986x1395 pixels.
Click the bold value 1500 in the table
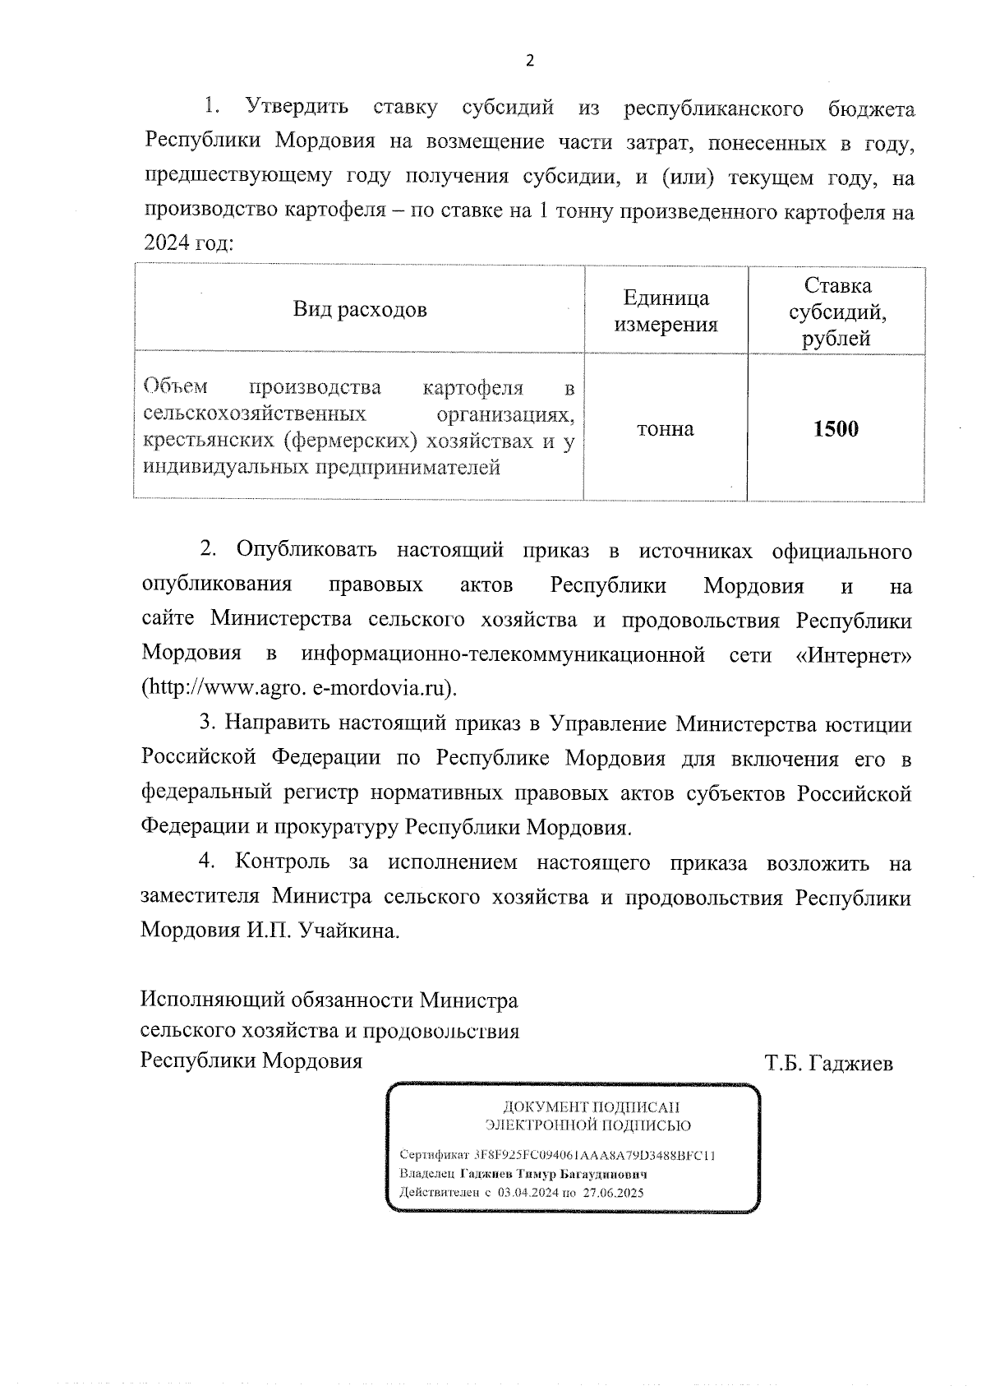pos(836,429)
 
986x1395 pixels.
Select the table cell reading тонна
pos(665,429)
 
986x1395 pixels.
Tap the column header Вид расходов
pos(360,310)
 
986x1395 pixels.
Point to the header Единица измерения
pos(666,311)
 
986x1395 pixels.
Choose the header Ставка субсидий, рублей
pos(837,312)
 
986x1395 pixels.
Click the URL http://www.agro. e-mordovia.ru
pos(299,688)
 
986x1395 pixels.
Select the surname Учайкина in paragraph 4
pos(348,931)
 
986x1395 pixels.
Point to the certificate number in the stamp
pos(595,1155)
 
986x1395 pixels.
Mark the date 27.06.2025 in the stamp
pos(614,1193)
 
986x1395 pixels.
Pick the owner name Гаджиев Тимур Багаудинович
pos(554,1174)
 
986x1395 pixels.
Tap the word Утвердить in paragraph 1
pos(297,108)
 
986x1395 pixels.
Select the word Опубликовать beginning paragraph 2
pos(306,550)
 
